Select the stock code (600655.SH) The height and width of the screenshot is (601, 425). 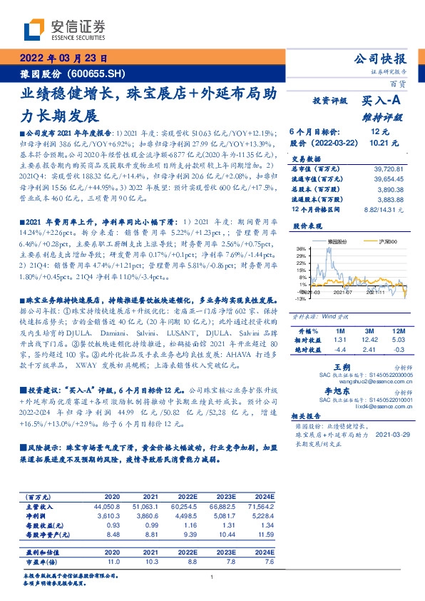pos(99,73)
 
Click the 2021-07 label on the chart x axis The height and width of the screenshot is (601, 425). pos(344,291)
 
